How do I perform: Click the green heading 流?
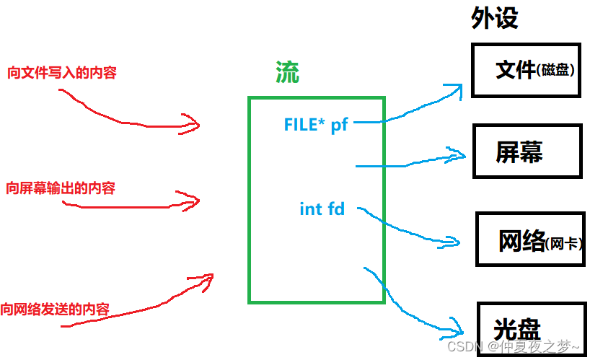tap(287, 72)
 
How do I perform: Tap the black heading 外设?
tap(495, 18)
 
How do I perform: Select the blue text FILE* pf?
tap(316, 125)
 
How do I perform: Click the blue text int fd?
tap(322, 210)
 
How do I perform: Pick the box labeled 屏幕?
tap(527, 152)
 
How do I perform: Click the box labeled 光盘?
tap(530, 328)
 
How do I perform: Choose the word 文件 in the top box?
tap(516, 69)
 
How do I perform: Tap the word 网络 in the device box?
tap(521, 242)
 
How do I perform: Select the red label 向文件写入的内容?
tap(62, 73)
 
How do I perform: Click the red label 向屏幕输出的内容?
tap(61, 189)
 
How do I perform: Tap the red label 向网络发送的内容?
tap(56, 308)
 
